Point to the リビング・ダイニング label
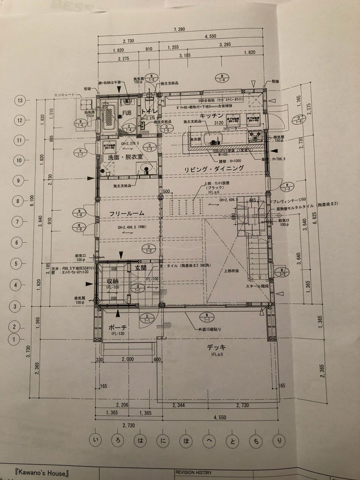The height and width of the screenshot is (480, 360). pos(215,168)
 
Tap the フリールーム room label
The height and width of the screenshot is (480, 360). pos(127,214)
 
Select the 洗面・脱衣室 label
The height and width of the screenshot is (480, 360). pos(118,157)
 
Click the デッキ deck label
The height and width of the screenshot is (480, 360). pos(216,347)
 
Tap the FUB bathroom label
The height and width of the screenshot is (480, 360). pos(127,113)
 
